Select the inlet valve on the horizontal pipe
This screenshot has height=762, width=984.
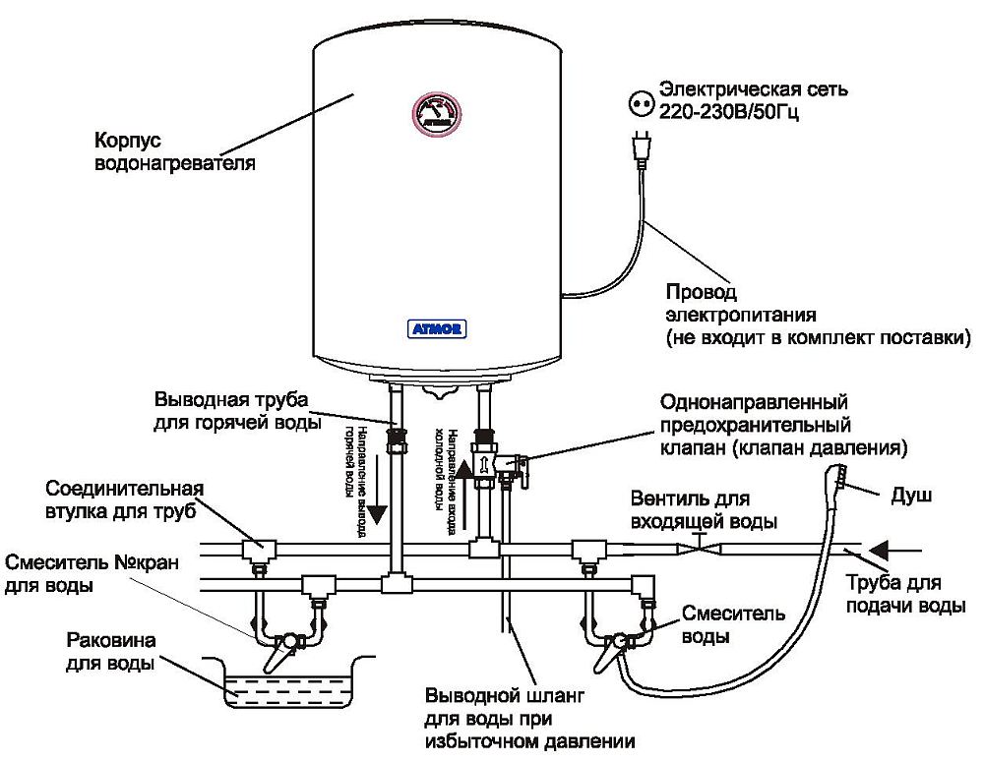click(697, 545)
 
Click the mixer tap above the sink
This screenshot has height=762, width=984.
click(287, 641)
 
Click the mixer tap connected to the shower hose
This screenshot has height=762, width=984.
click(617, 641)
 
